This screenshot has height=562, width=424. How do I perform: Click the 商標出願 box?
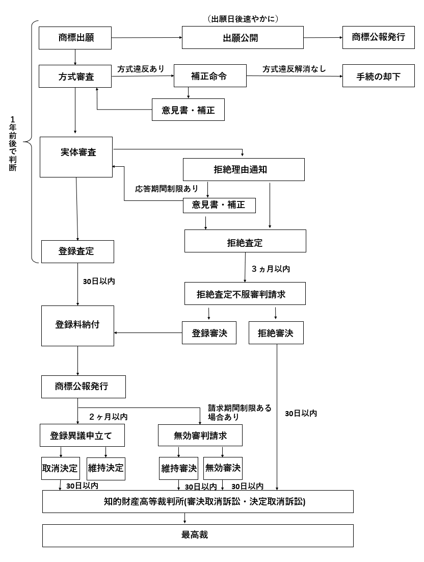[x=75, y=38]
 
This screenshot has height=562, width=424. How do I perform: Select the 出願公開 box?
[x=243, y=38]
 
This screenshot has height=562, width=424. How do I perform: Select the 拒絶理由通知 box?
[x=244, y=169]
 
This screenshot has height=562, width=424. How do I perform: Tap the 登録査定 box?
[x=77, y=251]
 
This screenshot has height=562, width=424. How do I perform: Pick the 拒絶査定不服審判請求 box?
[x=245, y=294]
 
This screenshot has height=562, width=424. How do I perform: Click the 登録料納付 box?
[x=77, y=325]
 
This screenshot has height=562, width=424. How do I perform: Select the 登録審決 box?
[x=209, y=333]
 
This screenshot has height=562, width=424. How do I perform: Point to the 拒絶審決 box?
[x=276, y=333]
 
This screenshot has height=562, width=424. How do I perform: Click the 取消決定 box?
[x=60, y=468]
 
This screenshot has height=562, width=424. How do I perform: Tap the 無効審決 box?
[x=223, y=468]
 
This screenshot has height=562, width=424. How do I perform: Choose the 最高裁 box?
[x=198, y=535]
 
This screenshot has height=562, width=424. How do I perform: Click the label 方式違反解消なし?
[x=294, y=68]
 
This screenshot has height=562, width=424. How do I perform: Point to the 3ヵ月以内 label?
[x=271, y=269]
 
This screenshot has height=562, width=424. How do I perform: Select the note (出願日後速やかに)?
[x=243, y=19]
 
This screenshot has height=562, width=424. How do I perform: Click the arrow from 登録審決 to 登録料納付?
[x=148, y=333]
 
